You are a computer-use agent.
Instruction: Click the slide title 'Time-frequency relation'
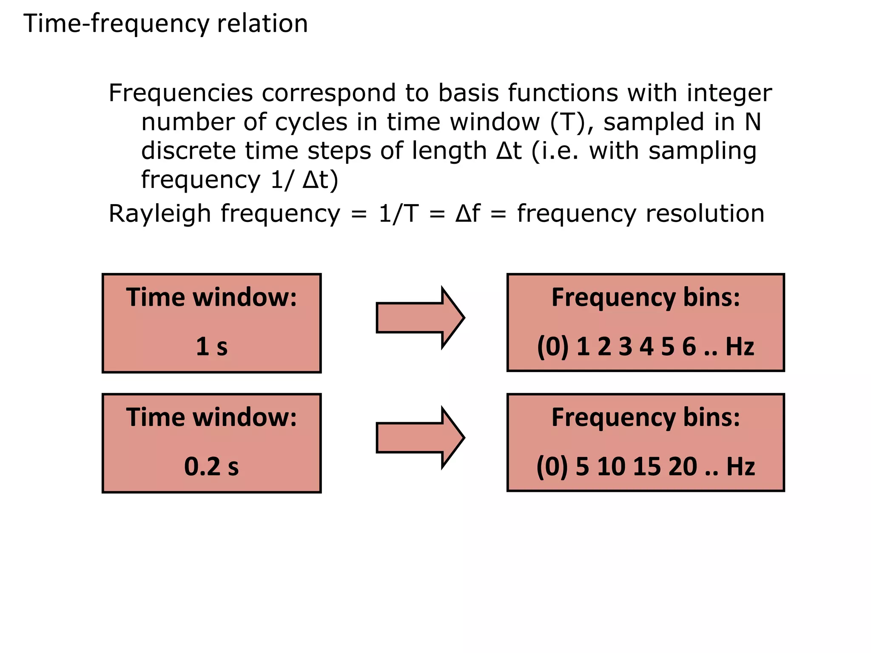pos(165,23)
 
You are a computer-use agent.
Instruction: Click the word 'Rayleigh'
pos(160,213)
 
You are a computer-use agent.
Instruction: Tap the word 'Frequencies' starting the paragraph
pos(181,93)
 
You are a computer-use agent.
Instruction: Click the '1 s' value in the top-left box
pos(211,346)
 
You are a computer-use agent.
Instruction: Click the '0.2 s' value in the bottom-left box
pos(211,466)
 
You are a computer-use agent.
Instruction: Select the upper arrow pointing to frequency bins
pos(420,318)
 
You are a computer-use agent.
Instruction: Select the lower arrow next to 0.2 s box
pos(420,437)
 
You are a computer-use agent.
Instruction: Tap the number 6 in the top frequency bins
pos(689,346)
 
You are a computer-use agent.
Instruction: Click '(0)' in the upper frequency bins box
pos(553,346)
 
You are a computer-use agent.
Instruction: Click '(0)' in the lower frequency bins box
pos(552,466)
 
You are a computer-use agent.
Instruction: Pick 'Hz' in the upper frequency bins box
pos(740,346)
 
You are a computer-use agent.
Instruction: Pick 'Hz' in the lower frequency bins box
pos(740,466)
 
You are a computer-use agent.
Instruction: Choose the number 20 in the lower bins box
pos(683,466)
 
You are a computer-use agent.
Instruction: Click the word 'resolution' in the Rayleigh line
pos(705,213)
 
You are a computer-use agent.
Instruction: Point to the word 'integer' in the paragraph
pos(729,93)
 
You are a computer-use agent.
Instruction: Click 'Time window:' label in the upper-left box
pos(211,297)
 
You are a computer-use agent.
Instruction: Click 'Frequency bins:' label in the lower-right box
pos(646,417)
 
